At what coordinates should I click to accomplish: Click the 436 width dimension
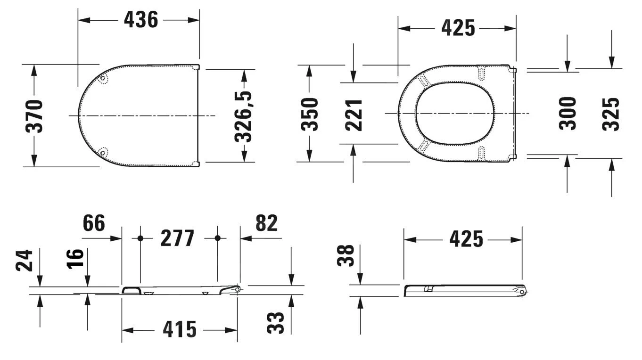[x=140, y=20]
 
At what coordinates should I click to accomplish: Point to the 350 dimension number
[x=310, y=114]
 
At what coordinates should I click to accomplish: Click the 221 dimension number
[x=354, y=115]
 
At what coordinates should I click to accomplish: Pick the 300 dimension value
[x=568, y=113]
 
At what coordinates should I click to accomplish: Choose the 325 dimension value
[x=611, y=114]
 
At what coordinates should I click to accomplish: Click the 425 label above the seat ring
[x=458, y=28]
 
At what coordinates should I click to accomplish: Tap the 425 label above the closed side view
[x=466, y=239]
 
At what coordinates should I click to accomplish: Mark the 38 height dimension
[x=347, y=255]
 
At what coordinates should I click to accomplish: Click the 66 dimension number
[x=94, y=223]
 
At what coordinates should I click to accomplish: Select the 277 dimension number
[x=178, y=238]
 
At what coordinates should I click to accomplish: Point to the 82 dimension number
[x=266, y=223]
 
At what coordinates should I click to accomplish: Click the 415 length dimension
[x=180, y=329]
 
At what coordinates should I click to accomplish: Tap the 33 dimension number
[x=276, y=323]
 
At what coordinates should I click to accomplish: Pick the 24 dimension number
[x=25, y=260]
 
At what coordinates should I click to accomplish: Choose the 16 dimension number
[x=75, y=258]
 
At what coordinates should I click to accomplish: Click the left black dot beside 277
[x=140, y=238]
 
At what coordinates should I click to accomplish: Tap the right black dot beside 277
[x=217, y=238]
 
